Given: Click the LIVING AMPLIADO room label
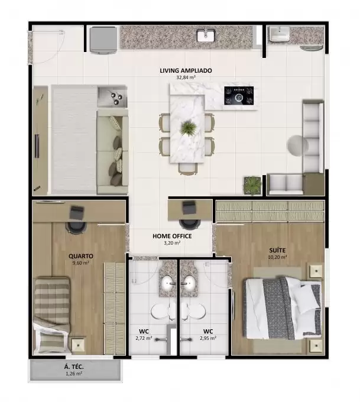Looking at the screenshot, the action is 186,70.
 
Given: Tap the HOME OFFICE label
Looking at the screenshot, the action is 172,236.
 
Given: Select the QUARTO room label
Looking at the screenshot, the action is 81,256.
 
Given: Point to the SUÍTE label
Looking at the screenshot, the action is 277,250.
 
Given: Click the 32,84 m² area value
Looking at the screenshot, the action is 186,77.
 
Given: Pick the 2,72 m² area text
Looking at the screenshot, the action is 144,338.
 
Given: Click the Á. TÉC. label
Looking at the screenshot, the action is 74,367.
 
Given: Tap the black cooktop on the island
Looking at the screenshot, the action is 239,96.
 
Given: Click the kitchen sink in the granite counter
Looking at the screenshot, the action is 206,35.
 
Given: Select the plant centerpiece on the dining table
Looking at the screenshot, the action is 188,128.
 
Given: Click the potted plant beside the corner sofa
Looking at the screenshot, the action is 253,186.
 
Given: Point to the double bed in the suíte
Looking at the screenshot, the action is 283,308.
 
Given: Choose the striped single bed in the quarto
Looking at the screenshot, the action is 52,315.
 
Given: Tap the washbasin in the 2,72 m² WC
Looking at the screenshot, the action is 168,283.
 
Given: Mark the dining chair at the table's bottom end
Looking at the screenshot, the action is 188,169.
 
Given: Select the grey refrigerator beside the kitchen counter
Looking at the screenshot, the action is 103,40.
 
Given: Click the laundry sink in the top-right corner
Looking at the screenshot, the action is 280,34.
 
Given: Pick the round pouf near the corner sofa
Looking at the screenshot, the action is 297,145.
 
